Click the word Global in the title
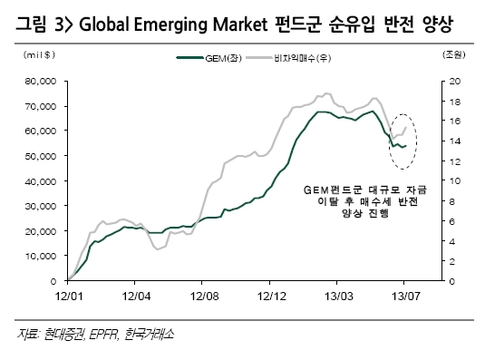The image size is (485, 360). pyautogui.click(x=104, y=24)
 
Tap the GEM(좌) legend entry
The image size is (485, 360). pyautogui.click(x=209, y=58)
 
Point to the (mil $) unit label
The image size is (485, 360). pyautogui.click(x=39, y=54)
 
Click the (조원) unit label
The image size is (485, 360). pyautogui.click(x=454, y=54)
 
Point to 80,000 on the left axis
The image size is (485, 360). pyautogui.click(x=41, y=82)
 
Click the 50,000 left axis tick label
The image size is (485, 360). pyautogui.click(x=41, y=156)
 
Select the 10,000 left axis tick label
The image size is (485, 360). pyautogui.click(x=41, y=256)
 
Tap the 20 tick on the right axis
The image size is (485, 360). pyautogui.click(x=455, y=82)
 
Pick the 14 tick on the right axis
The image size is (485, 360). pyautogui.click(x=455, y=141)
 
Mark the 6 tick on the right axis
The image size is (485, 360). pyautogui.click(x=451, y=221)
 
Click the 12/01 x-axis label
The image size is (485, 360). pyautogui.click(x=69, y=297)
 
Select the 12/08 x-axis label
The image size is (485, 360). pyautogui.click(x=204, y=297)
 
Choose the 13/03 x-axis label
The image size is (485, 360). pyautogui.click(x=339, y=297)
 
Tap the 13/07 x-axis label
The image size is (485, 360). pyautogui.click(x=406, y=297)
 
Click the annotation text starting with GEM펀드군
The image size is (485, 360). pyautogui.click(x=365, y=201)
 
